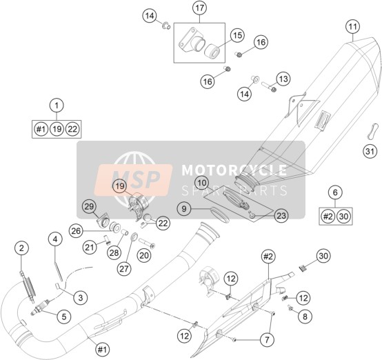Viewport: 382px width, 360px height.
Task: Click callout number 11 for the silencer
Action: pos(353,27)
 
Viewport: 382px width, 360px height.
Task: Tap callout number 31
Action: pos(370,151)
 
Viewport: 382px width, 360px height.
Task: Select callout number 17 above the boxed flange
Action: pos(199,8)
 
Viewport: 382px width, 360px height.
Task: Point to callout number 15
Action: pos(237,35)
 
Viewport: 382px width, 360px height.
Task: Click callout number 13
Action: pos(283,79)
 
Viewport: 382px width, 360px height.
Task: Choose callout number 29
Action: pos(89,207)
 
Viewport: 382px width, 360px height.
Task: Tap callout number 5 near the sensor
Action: pos(64,317)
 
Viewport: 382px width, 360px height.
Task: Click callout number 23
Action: pos(281,215)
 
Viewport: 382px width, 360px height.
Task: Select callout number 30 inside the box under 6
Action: pos(343,216)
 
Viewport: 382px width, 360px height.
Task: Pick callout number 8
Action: pos(305,317)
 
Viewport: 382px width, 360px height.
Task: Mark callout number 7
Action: pos(267,339)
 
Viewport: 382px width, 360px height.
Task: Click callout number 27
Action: pos(124,268)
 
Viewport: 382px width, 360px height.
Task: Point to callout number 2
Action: pos(21,248)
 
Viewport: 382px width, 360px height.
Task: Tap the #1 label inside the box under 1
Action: pos(41,129)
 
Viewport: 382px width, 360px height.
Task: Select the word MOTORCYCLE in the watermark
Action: pos(234,170)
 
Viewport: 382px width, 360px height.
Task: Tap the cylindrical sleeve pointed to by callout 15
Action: pos(212,51)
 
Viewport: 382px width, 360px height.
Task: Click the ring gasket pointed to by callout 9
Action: pos(220,214)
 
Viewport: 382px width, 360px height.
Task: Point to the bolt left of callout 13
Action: pos(269,87)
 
